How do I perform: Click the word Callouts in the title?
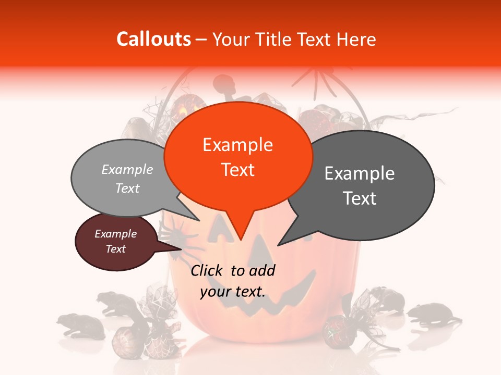tap(153, 39)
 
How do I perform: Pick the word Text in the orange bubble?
tap(238, 170)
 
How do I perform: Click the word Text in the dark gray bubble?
tap(360, 198)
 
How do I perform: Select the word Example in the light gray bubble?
tap(127, 169)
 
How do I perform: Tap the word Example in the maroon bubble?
tap(115, 234)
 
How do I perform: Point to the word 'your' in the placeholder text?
tap(214, 292)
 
